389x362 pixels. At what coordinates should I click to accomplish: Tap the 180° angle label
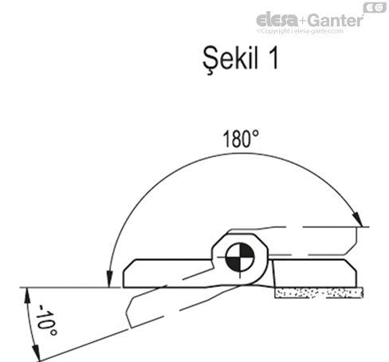point(240,139)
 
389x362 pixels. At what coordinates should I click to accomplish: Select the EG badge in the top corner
point(373,7)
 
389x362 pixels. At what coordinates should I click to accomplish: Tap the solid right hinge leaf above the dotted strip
point(315,273)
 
